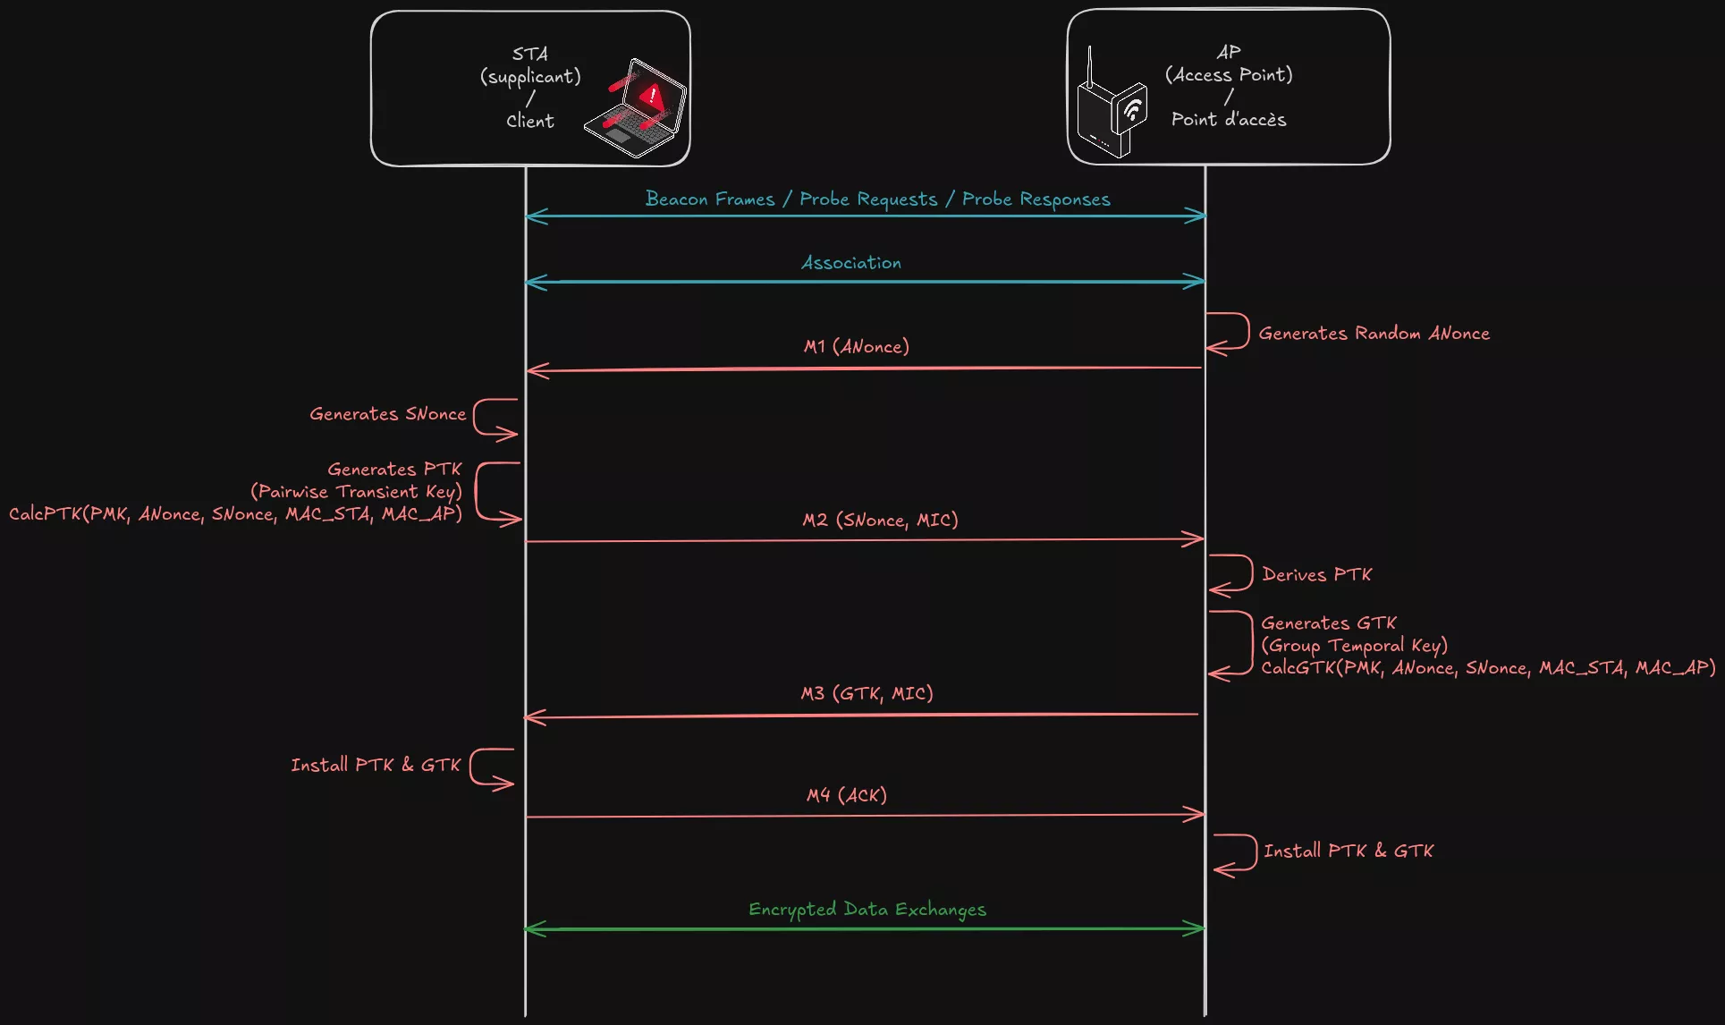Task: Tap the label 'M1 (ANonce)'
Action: pos(856,346)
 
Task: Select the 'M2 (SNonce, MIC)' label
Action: pos(880,520)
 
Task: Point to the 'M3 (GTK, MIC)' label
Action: pos(867,693)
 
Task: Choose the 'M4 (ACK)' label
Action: pos(846,795)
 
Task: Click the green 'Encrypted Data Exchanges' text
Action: pos(867,910)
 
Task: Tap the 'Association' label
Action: pos(850,263)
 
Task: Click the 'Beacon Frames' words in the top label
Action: pos(710,199)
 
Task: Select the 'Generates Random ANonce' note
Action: pos(1374,334)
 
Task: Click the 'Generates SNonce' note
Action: pos(387,414)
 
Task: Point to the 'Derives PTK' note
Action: pos(1316,574)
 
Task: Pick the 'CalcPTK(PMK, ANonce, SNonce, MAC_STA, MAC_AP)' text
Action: pos(235,514)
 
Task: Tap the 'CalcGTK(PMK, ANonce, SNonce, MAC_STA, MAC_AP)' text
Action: pos(1487,668)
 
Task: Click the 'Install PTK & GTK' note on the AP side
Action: pos(1348,851)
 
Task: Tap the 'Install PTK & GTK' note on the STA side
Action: pos(376,765)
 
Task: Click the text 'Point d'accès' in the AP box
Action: pos(1229,120)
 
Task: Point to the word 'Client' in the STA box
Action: pos(530,121)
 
